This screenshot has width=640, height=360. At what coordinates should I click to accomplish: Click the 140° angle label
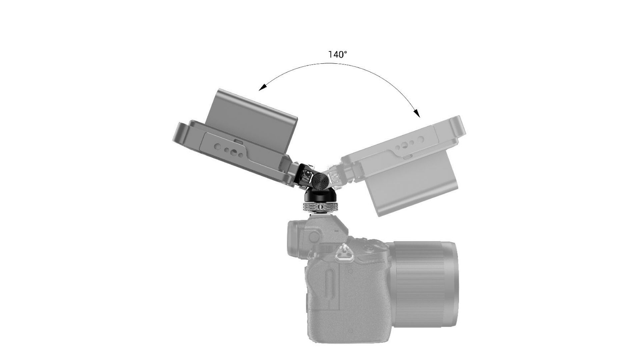(338, 55)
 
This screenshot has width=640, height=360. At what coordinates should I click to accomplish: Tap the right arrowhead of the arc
(417, 113)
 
